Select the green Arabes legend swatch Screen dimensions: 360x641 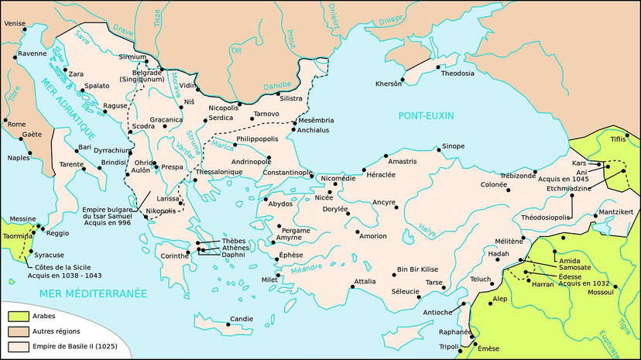pos(19,315)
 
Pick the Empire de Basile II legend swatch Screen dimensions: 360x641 pos(19,346)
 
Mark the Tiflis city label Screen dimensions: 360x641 pos(617,139)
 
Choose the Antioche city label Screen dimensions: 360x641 pos(439,312)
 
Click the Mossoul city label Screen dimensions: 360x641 pos(598,293)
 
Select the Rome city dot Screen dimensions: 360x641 pos(6,122)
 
